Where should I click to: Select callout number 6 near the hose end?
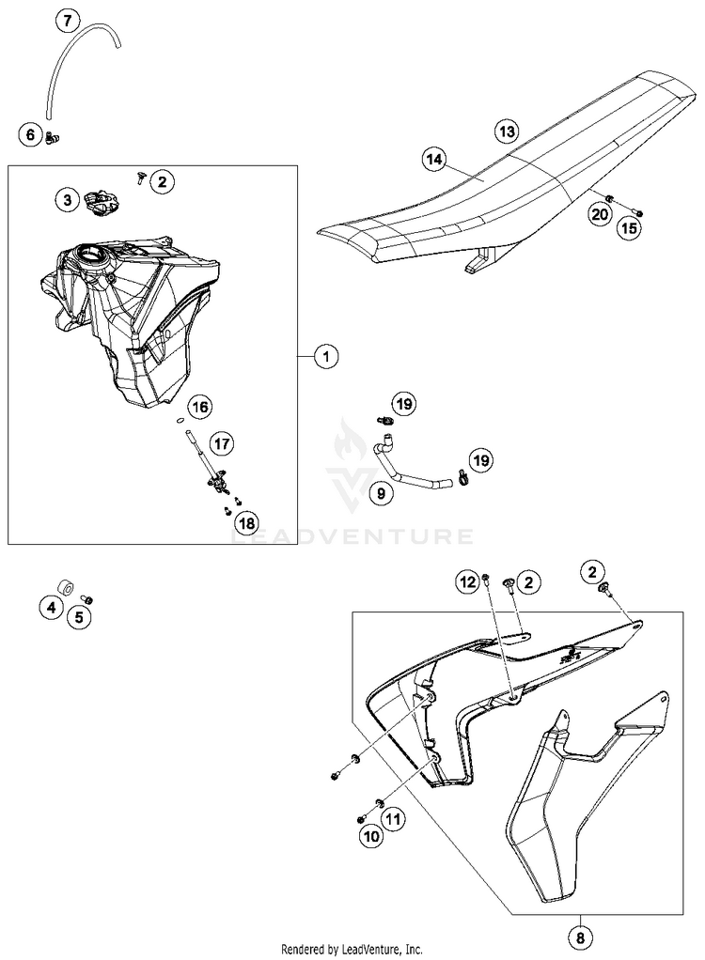30,136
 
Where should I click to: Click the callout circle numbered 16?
198,407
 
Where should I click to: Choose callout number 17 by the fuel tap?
221,441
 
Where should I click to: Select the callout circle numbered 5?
79,617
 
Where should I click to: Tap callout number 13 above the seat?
507,131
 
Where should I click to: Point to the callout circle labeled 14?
432,161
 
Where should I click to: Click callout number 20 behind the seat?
600,214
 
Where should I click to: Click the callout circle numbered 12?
467,583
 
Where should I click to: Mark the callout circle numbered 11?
392,819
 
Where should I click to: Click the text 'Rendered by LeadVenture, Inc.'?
352,950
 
